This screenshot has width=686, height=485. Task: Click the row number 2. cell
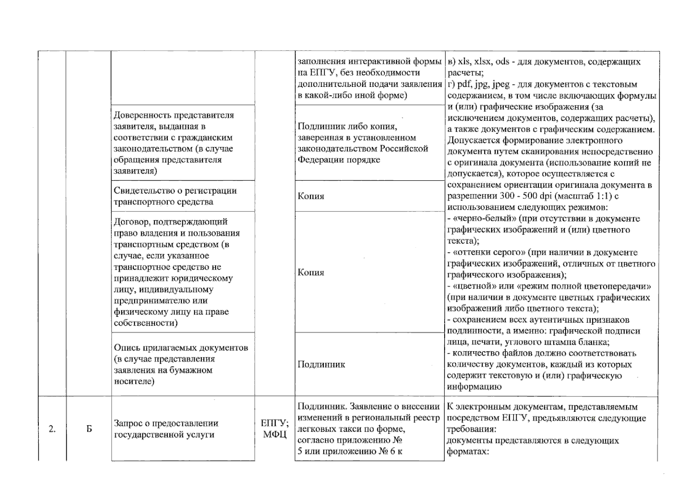click(52, 429)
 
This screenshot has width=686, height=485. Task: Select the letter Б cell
click(89, 429)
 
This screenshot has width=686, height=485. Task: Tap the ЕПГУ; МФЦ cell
click(274, 429)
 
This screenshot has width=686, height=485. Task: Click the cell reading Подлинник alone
click(321, 365)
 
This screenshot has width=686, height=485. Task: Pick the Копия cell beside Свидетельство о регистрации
click(311, 196)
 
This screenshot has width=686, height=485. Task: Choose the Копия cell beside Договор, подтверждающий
click(311, 272)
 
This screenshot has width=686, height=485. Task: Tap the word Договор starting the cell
click(130, 222)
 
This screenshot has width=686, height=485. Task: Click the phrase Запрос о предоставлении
click(166, 424)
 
